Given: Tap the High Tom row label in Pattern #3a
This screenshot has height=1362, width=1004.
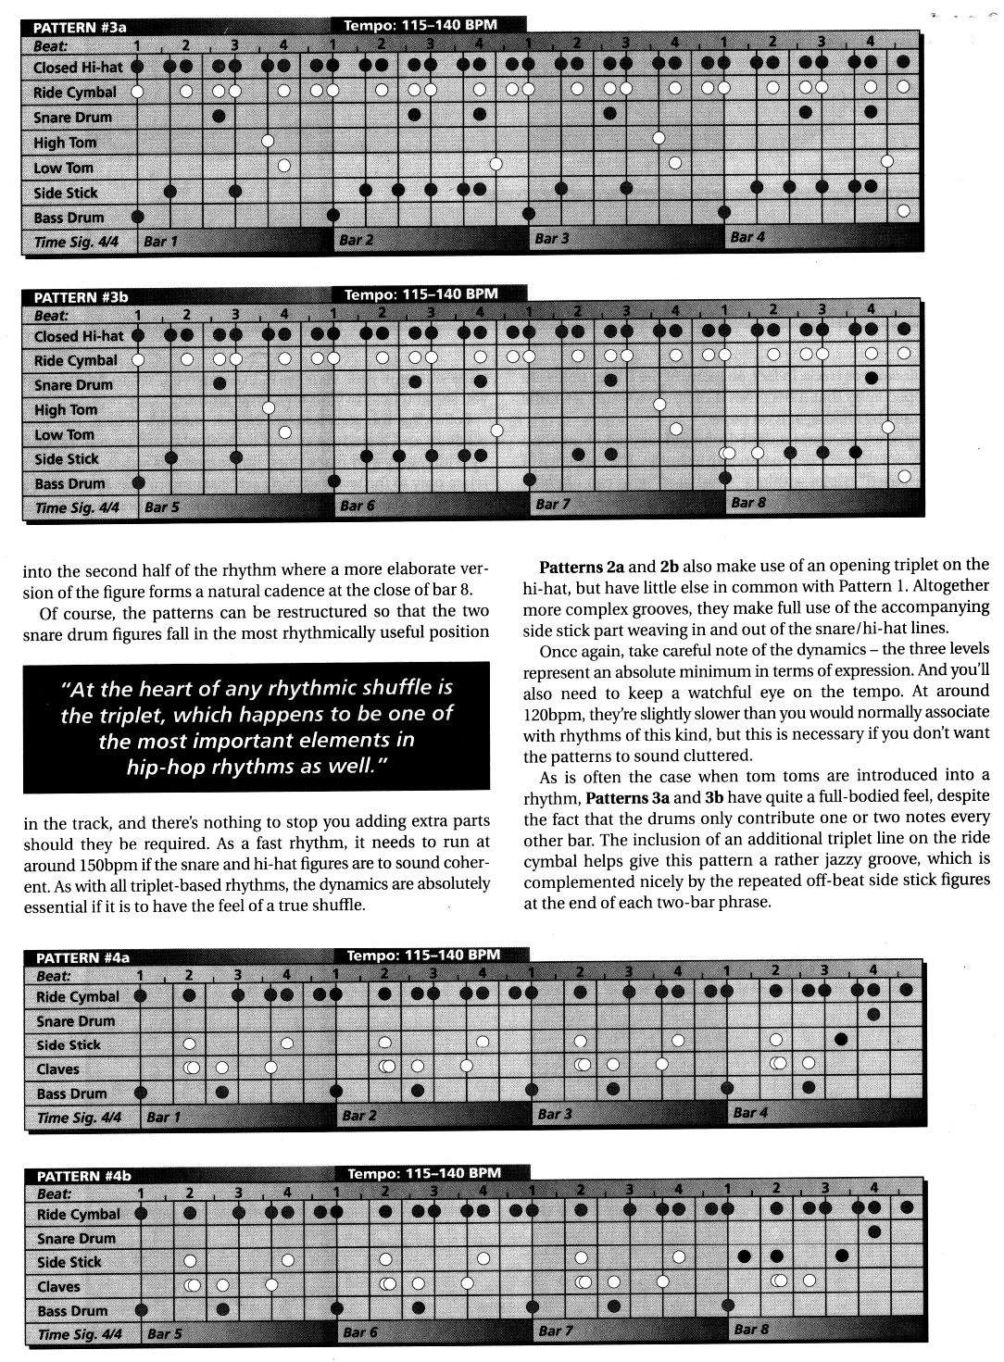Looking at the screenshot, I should [65, 143].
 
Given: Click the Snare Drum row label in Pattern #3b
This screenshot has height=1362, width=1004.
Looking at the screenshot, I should [72, 385].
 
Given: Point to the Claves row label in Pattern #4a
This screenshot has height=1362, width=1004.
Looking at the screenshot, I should [57, 1069].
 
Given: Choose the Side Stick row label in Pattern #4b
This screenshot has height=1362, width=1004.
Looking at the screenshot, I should [69, 1262].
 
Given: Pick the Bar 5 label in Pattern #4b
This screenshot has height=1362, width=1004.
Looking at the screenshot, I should [165, 1334].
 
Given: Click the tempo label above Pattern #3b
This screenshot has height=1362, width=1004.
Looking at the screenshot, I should [421, 294].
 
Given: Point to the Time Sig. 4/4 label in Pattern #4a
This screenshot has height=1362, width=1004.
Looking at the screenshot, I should [79, 1118].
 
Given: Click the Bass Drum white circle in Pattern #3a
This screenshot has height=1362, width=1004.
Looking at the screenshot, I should [903, 211].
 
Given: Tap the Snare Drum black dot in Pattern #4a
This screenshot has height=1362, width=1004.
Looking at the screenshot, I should [873, 1016].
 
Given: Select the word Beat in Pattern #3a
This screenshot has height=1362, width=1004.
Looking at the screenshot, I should [51, 44].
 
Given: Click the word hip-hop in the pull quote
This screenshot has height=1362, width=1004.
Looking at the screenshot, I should [166, 768].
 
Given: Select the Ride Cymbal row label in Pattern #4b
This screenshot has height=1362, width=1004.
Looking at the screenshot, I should [78, 1214].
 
